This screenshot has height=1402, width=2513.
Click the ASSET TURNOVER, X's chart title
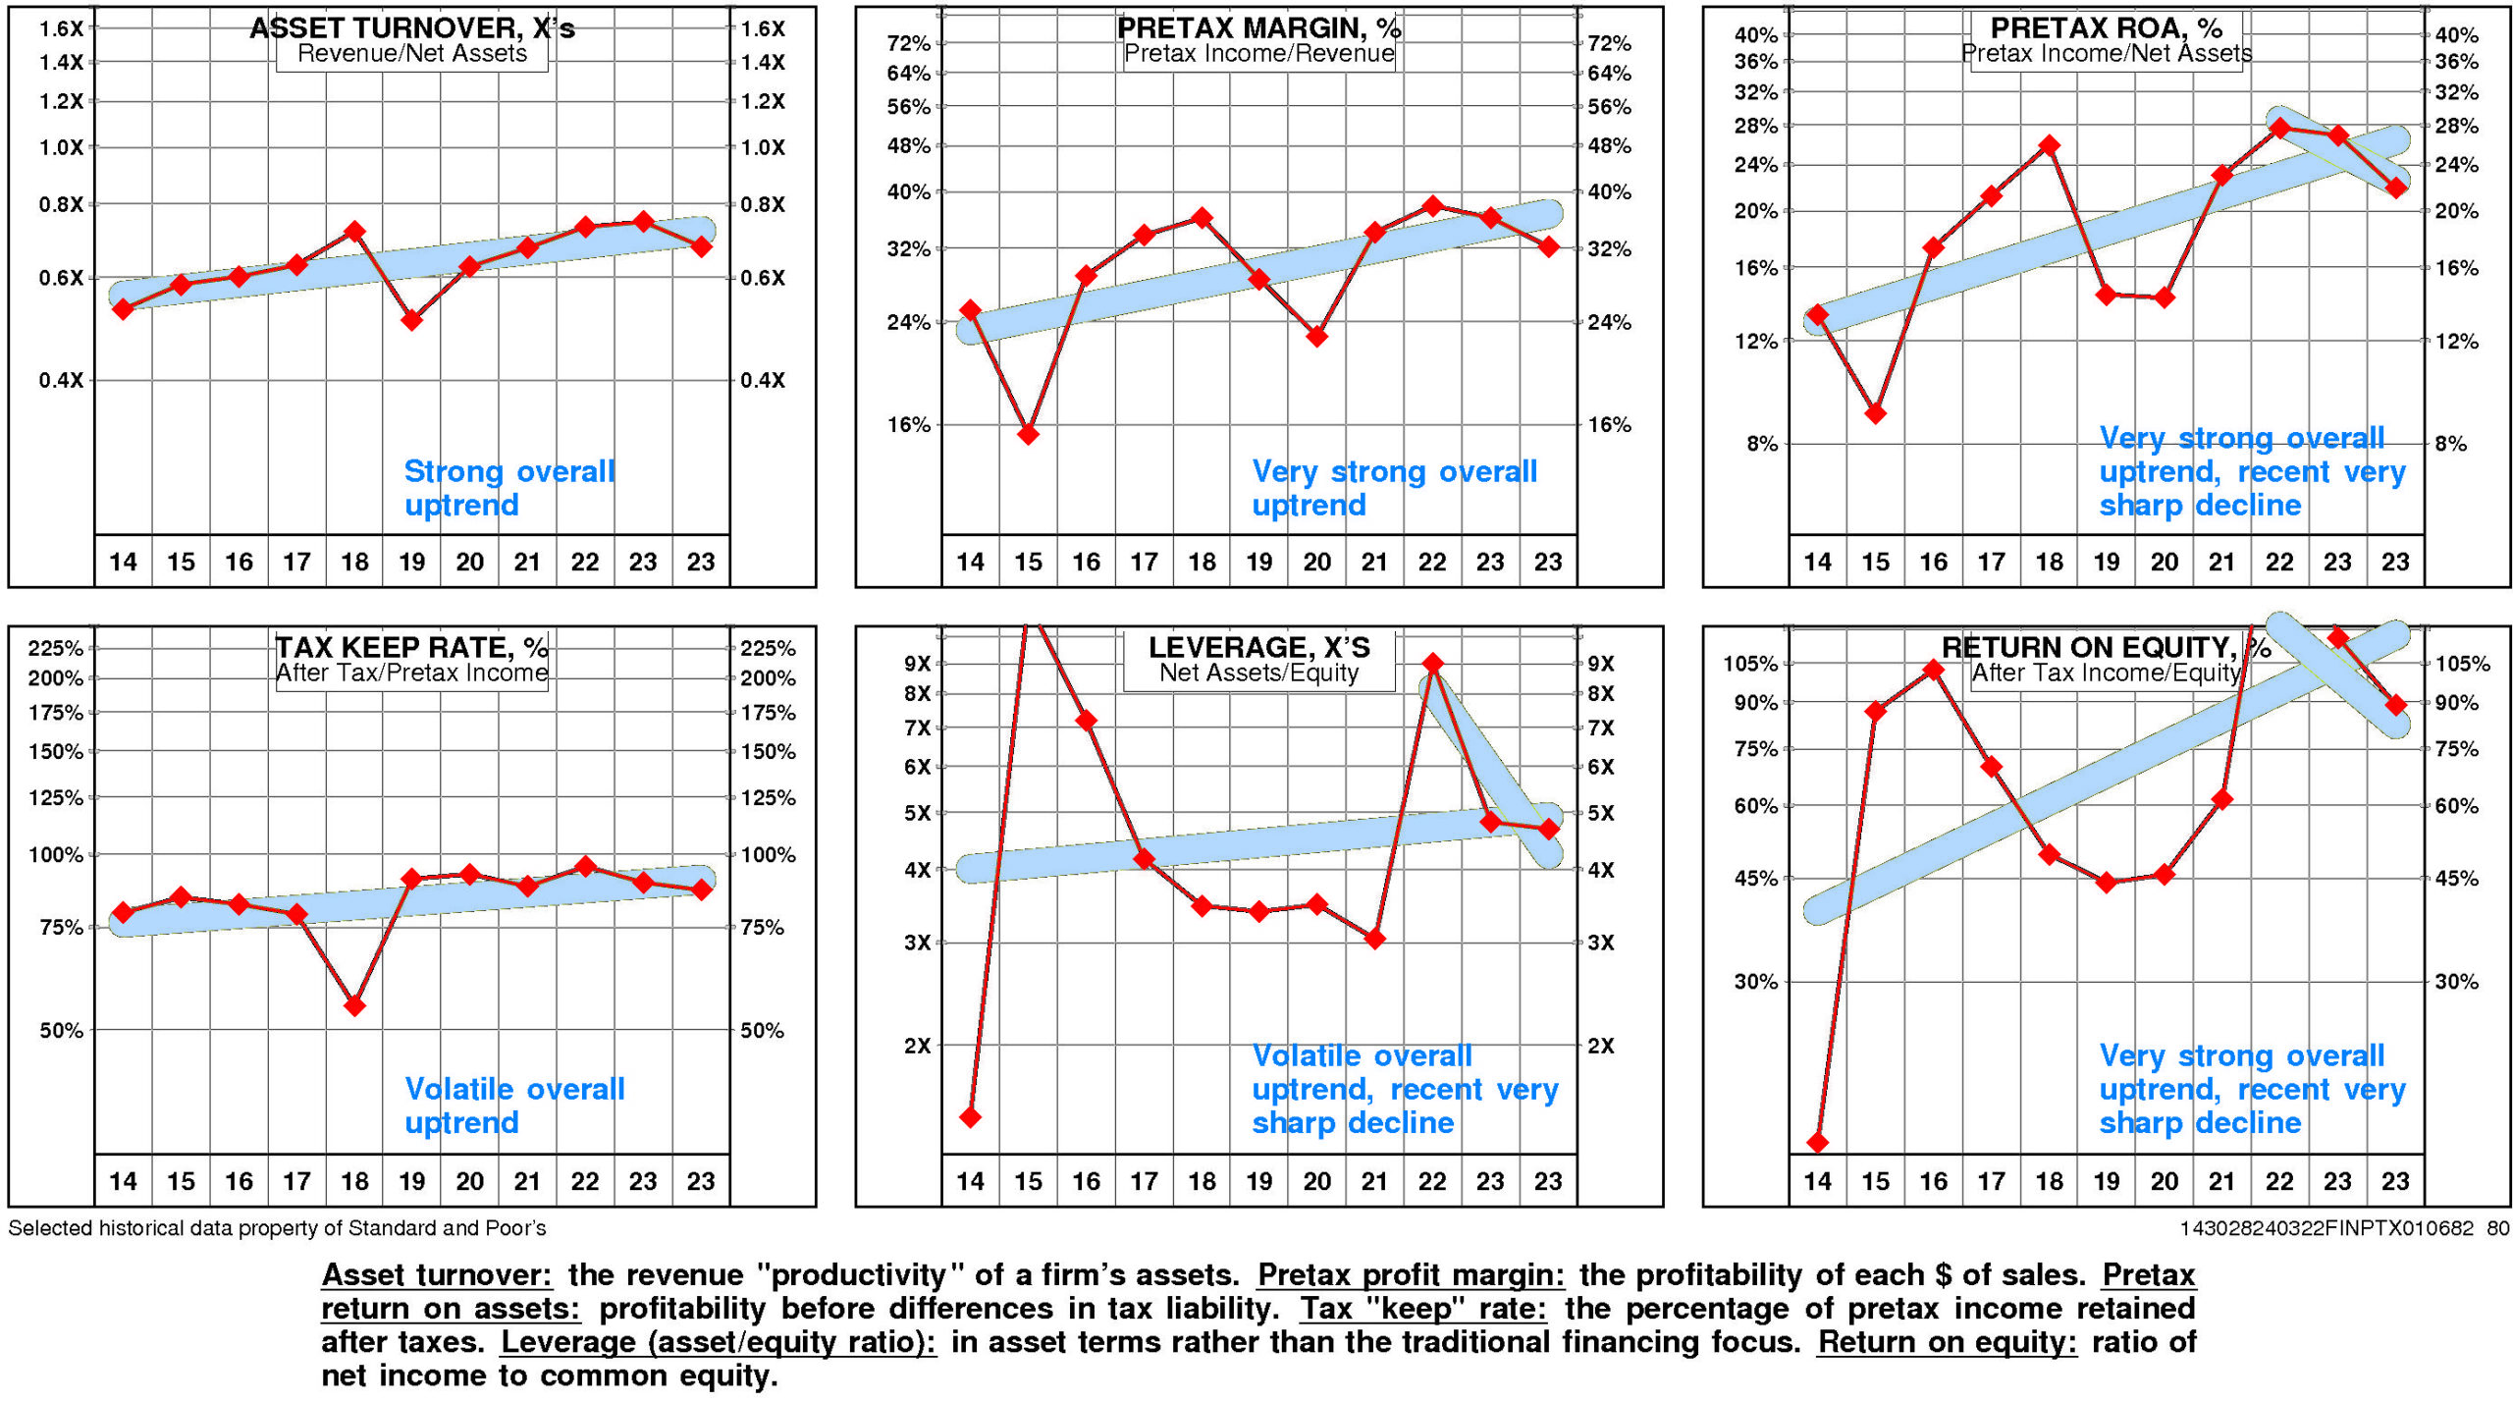[x=411, y=27]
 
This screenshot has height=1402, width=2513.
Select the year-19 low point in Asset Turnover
[x=412, y=320]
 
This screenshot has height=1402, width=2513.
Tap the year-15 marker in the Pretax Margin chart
[x=1028, y=433]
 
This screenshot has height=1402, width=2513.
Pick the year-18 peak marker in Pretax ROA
[x=2049, y=146]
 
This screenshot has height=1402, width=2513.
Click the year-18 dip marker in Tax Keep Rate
[x=355, y=1005]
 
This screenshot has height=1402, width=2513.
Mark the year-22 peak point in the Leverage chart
[x=1432, y=664]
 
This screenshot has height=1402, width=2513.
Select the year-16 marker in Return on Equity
[x=1933, y=671]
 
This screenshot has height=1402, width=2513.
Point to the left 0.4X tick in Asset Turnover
[x=61, y=380]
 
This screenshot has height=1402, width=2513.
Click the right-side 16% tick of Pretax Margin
[x=1609, y=425]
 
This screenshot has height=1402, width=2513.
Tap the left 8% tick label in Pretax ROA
[x=1762, y=444]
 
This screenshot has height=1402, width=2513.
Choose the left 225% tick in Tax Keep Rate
[x=56, y=648]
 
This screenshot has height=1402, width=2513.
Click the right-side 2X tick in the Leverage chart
[x=1601, y=1046]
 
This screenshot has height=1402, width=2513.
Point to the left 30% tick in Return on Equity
[x=1756, y=981]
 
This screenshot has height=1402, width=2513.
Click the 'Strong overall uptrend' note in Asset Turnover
[x=508, y=488]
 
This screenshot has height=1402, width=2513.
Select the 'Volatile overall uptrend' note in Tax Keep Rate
[x=513, y=1105]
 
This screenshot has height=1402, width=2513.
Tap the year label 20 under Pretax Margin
[x=1316, y=562]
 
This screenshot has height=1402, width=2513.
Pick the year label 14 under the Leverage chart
[x=970, y=1181]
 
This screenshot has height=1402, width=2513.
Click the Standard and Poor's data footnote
[x=277, y=1228]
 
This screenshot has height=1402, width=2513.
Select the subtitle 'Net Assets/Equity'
[x=1258, y=673]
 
